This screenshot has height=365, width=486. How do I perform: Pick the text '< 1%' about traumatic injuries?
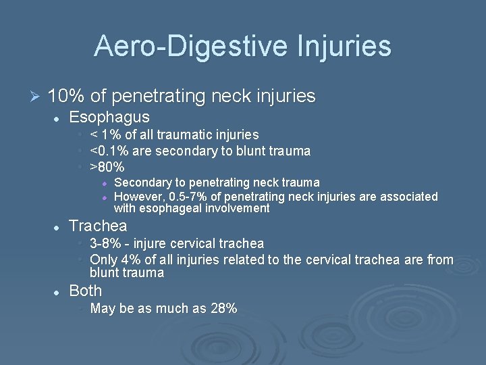pos(105,135)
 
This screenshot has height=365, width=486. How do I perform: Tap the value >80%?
pos(107,166)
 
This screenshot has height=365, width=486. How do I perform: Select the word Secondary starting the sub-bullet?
pos(140,182)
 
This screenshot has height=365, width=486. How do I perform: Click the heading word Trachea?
pos(98,226)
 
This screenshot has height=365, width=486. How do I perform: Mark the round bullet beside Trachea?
pos(57,226)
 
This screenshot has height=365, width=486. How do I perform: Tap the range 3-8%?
pos(107,243)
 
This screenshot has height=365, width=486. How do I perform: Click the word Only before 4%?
pos(103,260)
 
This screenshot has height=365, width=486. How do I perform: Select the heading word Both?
pos(86,291)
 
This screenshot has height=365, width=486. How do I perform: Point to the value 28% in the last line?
pos(223,309)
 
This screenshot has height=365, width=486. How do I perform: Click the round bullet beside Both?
pos(57,291)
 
